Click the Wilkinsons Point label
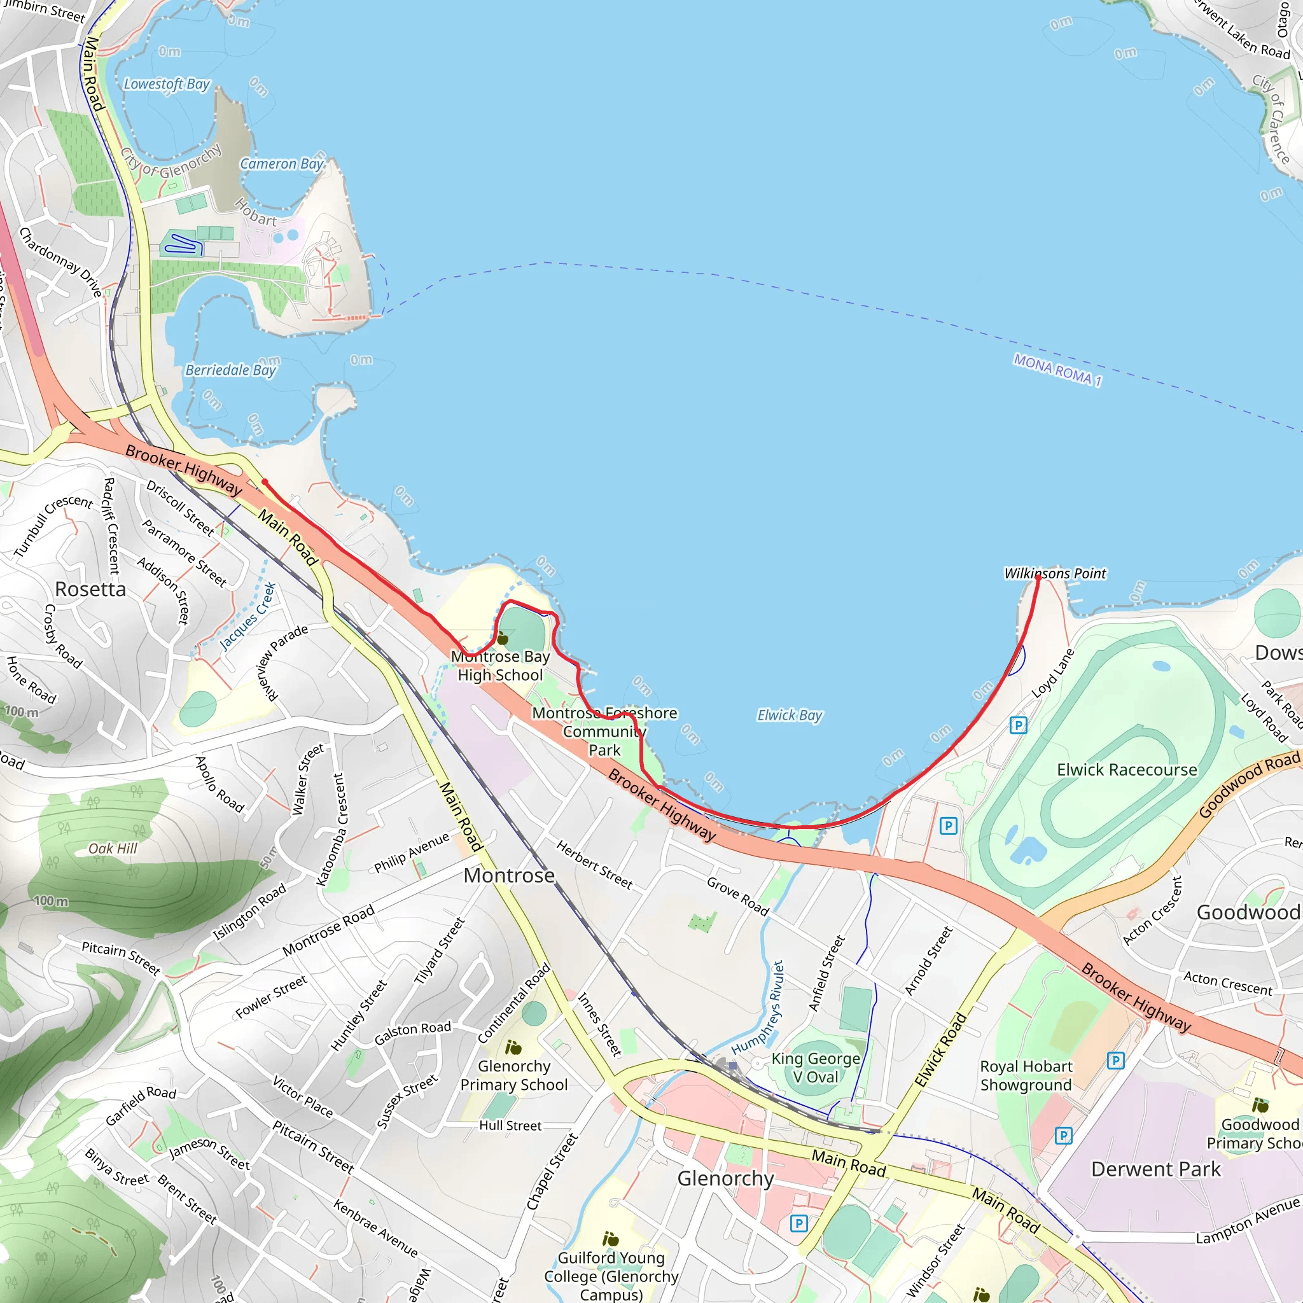(x=1055, y=573)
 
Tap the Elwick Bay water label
(x=789, y=715)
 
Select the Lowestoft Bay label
(x=167, y=85)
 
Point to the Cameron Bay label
(x=282, y=164)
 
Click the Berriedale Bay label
(x=231, y=370)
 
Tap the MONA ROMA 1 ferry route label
(x=1057, y=370)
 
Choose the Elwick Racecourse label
(x=1126, y=770)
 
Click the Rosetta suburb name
(x=90, y=589)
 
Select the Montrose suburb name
(x=509, y=875)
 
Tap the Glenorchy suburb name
(x=725, y=1178)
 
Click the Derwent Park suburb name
(x=1155, y=1169)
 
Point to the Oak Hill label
(x=113, y=849)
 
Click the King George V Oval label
(x=816, y=1068)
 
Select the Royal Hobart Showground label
(x=1025, y=1076)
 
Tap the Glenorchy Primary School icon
(x=513, y=1047)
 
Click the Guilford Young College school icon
(x=610, y=1239)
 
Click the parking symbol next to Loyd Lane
(x=1018, y=726)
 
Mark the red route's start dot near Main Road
(x=265, y=482)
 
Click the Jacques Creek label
(x=248, y=617)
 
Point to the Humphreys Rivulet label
(x=759, y=1008)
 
